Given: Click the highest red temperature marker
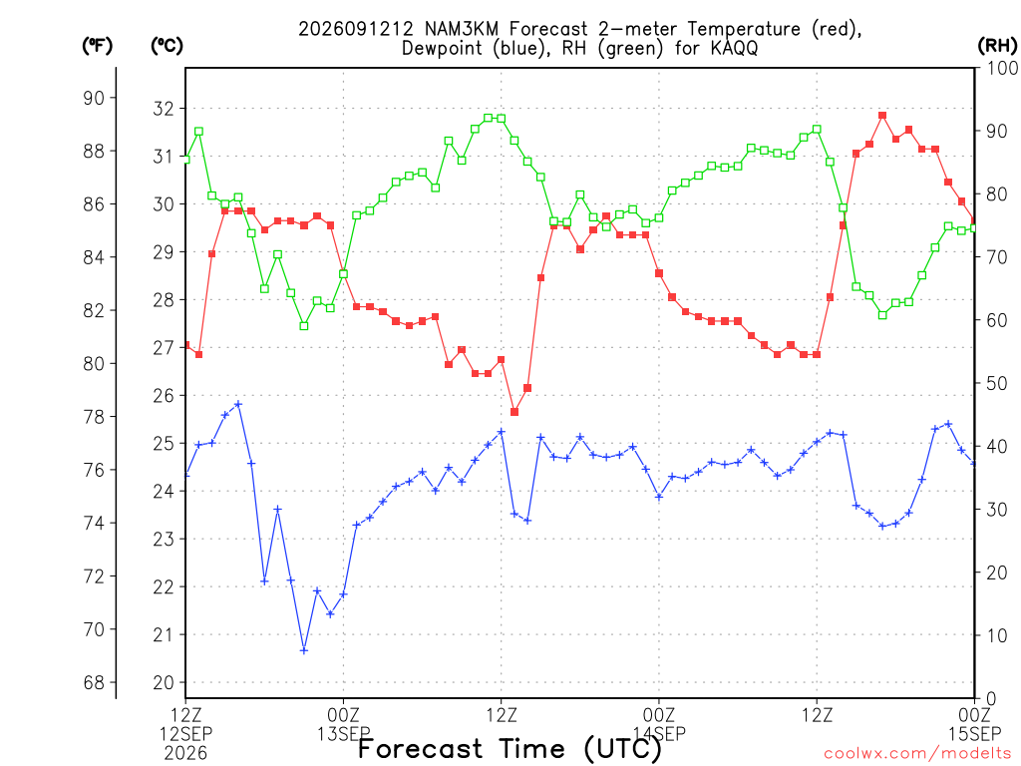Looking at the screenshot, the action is coord(882,116).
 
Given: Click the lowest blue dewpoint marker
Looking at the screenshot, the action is coord(304,650).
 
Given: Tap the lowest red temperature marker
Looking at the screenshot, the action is coord(514,412).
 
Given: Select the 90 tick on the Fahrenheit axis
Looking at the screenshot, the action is coord(94,98).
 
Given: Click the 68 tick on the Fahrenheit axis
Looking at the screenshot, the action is coord(94,682).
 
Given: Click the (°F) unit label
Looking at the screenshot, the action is coord(97,46).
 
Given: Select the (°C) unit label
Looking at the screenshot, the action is coord(167,46).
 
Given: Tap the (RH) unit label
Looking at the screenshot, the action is coord(997,46).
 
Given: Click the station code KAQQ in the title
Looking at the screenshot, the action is coord(735,48).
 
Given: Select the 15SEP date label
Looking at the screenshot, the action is coord(974,734).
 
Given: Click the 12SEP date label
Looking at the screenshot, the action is coord(186,734).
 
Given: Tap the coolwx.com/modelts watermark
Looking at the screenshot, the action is coord(919,754).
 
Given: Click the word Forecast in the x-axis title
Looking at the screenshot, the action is coord(420,748).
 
